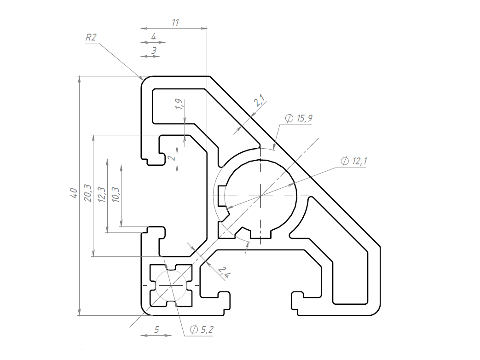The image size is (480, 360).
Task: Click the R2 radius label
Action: point(91,37)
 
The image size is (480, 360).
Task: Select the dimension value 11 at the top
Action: point(175,23)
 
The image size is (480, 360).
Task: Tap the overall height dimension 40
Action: point(74,193)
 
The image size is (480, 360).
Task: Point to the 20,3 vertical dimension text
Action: point(88,193)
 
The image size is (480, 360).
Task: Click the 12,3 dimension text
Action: point(102,195)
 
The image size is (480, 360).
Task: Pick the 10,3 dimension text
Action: point(116,194)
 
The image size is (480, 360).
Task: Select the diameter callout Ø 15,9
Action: point(299,118)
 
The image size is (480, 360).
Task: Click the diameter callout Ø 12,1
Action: point(354,161)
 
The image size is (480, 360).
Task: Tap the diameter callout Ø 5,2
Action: point(202,330)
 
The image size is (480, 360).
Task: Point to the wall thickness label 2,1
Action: point(260,100)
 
